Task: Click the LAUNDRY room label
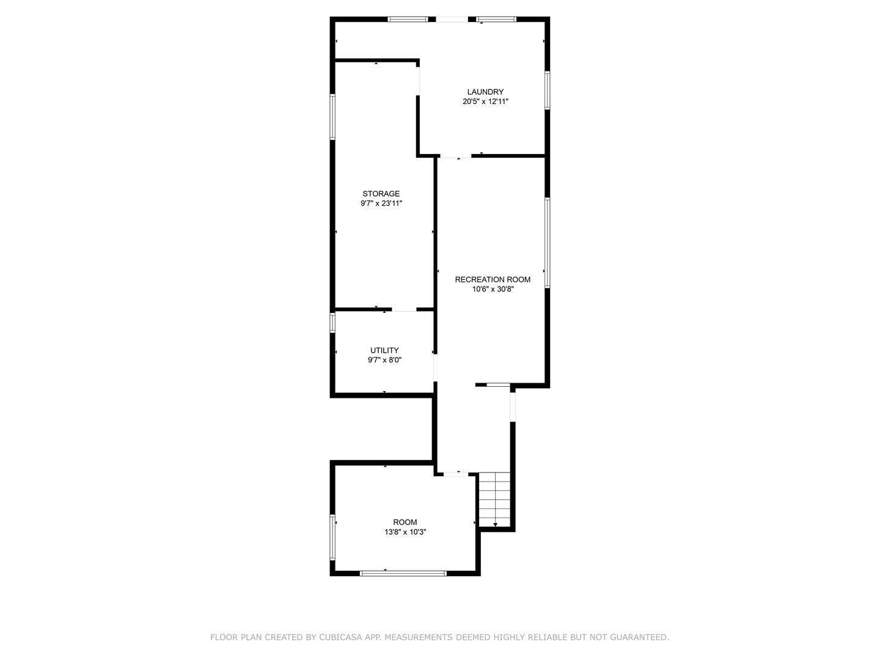click(485, 92)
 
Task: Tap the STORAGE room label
click(381, 194)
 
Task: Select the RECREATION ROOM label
click(493, 279)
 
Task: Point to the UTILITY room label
click(384, 350)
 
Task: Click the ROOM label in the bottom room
click(405, 522)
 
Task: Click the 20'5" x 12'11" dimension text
click(485, 102)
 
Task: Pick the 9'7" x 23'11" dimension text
click(381, 204)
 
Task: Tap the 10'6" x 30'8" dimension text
click(493, 290)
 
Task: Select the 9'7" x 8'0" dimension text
click(384, 360)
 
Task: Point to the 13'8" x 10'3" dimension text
click(405, 532)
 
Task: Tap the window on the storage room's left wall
click(332, 116)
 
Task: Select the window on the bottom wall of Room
click(403, 573)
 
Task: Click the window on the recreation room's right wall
click(548, 242)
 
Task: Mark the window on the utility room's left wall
click(332, 322)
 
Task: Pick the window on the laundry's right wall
click(548, 90)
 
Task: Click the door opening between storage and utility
click(404, 310)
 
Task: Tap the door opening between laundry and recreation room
click(456, 157)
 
